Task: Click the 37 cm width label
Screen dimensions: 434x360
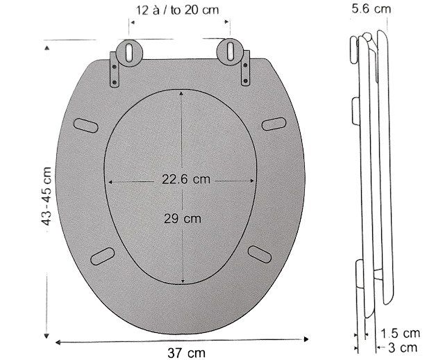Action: click(x=186, y=353)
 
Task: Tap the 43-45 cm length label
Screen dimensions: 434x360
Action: click(x=46, y=196)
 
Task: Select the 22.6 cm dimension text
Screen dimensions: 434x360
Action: click(x=186, y=179)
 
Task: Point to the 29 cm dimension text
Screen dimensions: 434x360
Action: click(x=183, y=219)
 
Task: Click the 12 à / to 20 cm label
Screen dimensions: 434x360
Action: click(x=177, y=10)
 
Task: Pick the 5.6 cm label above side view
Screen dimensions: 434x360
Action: click(x=372, y=8)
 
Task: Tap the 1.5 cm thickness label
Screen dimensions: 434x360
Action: click(x=401, y=333)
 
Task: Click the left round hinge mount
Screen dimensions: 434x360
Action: click(x=129, y=53)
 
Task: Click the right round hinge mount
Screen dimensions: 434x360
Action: click(x=231, y=52)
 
